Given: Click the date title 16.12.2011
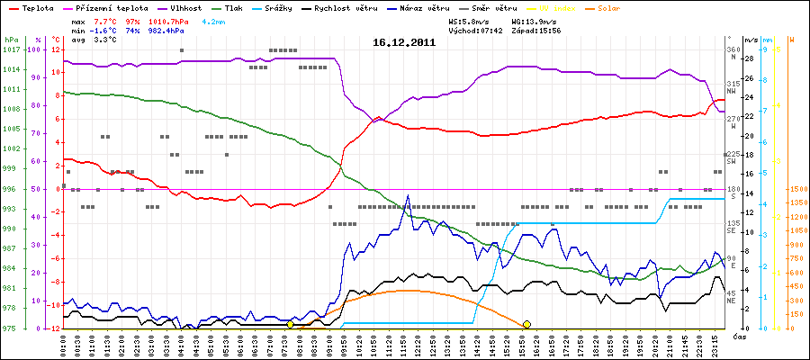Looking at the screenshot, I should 404,42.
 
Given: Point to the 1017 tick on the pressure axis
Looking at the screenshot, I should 10,49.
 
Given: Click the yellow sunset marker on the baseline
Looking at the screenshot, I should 526,324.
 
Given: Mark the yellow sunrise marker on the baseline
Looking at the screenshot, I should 290,324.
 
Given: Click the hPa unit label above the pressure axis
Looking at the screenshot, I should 10,40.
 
